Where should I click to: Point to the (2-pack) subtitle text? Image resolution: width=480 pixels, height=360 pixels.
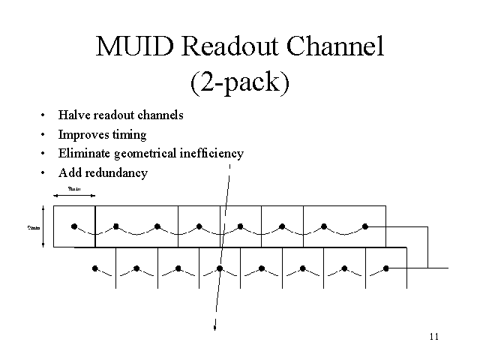pyautogui.click(x=239, y=81)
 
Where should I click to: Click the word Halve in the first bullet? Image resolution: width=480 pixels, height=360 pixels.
pyautogui.click(x=73, y=115)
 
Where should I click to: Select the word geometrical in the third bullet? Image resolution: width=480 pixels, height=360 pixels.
pyautogui.click(x=145, y=154)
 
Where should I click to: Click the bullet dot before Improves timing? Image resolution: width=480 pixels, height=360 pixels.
pyautogui.click(x=43, y=135)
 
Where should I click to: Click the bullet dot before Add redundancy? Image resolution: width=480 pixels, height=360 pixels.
pyautogui.click(x=43, y=172)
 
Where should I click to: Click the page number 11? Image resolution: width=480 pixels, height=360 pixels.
pyautogui.click(x=434, y=335)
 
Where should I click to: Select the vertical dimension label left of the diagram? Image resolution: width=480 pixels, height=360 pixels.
pyautogui.click(x=34, y=227)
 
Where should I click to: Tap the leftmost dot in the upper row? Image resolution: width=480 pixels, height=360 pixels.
pyautogui.click(x=74, y=226)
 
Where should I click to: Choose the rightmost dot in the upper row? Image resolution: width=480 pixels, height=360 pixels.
pyautogui.click(x=365, y=226)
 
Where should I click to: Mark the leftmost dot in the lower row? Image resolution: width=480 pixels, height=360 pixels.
pyautogui.click(x=95, y=268)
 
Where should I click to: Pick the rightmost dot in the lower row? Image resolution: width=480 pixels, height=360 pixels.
pyautogui.click(x=386, y=268)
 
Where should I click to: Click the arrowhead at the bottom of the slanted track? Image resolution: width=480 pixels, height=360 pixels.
pyautogui.click(x=216, y=326)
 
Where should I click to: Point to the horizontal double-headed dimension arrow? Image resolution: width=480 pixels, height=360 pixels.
pyautogui.click(x=74, y=196)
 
